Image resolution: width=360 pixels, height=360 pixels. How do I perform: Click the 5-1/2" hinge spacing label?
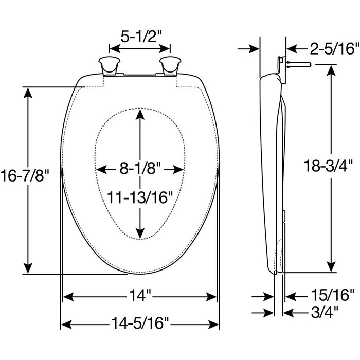[141, 37]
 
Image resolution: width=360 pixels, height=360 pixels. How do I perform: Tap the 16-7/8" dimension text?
[25, 175]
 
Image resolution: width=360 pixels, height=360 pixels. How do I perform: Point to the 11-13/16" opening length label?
[140, 197]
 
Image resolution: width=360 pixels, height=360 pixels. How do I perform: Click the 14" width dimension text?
[140, 295]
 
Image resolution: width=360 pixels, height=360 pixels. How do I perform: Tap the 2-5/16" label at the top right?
[334, 48]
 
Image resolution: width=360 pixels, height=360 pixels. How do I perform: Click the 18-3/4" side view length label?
[328, 166]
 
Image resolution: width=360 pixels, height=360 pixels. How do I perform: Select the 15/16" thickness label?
[333, 295]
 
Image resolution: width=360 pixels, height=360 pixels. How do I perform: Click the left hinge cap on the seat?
[109, 66]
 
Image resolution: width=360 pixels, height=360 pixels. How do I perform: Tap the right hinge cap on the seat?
[170, 66]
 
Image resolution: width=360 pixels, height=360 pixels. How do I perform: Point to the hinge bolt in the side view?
[298, 65]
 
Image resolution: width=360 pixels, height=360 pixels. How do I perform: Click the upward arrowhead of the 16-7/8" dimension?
[28, 93]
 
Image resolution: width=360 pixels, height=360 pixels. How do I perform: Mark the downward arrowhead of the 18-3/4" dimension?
[331, 267]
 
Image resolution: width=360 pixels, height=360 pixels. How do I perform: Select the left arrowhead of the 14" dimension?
[68, 297]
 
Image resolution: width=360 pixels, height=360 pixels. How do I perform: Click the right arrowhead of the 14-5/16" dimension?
[214, 325]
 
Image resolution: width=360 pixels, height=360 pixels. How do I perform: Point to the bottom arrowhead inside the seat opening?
[140, 233]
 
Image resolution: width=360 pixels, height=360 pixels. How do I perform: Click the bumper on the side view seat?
[284, 216]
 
